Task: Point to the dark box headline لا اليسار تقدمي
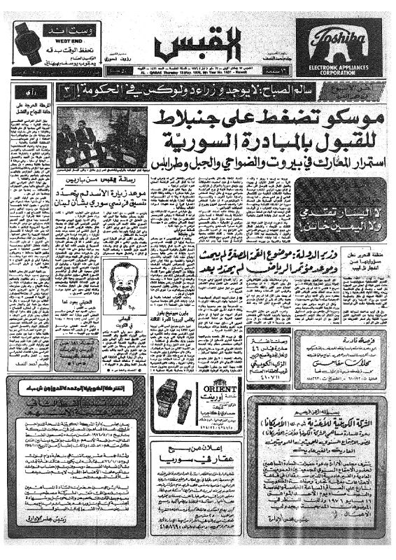[x=333, y=220]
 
